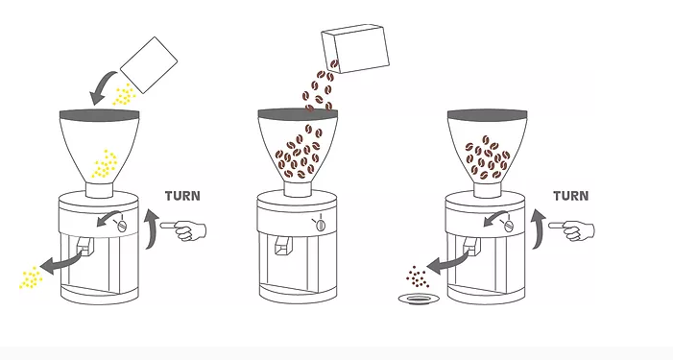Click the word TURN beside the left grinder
tap(182, 196)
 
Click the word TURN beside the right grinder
tap(571, 196)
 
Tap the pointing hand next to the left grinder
tap(183, 230)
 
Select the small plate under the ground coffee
tap(419, 300)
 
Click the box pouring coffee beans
tap(355, 48)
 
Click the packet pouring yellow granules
tap(149, 64)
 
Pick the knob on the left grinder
tap(122, 225)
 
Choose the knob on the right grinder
tap(509, 225)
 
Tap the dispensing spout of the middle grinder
tap(282, 246)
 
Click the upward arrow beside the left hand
tap(151, 228)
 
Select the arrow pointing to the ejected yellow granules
tap(64, 262)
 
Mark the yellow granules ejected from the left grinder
tap(31, 277)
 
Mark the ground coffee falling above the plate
tap(417, 276)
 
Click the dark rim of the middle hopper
tap(298, 113)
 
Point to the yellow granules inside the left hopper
tap(105, 164)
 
